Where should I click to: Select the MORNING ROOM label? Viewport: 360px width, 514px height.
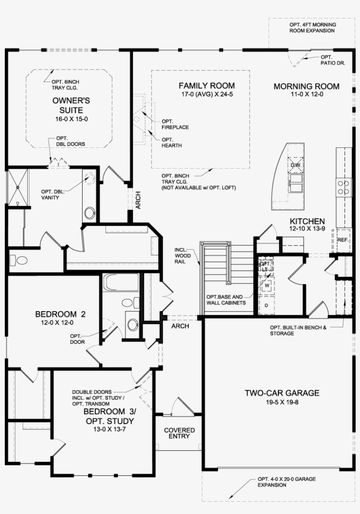(306, 86)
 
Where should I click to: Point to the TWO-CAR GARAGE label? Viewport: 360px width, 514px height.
(282, 393)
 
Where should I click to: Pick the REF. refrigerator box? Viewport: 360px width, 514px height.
(343, 240)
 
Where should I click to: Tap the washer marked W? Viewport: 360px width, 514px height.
(266, 285)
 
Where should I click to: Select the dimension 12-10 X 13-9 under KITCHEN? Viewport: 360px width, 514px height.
(307, 229)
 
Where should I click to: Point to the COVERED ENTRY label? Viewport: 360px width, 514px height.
(179, 433)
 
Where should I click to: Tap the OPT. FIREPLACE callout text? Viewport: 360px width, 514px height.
(175, 124)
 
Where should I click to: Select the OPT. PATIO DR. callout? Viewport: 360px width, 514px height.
(332, 60)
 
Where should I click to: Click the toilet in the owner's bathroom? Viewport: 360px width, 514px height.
(20, 261)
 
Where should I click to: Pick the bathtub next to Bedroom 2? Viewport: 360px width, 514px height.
(121, 282)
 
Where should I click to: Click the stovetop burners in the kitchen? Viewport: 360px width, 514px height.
(344, 187)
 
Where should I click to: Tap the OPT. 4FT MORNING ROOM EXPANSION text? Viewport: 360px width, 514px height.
(312, 28)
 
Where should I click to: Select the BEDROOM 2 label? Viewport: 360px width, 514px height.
(60, 314)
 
